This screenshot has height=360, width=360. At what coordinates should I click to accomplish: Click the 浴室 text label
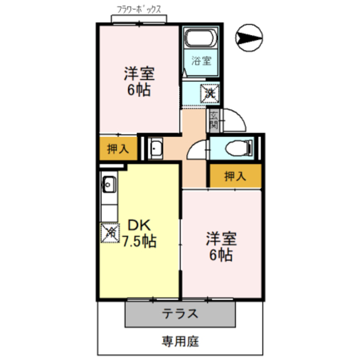click(x=201, y=61)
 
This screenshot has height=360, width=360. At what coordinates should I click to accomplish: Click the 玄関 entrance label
click(x=214, y=118)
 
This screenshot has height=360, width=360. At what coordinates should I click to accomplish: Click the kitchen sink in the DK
click(x=109, y=183)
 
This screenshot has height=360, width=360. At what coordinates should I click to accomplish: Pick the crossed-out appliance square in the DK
click(x=110, y=232)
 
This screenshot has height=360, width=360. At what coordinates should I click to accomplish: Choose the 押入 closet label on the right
click(x=235, y=176)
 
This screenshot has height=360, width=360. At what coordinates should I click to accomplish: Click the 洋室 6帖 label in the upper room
click(x=138, y=82)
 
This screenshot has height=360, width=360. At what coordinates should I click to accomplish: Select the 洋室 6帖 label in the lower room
click(x=221, y=246)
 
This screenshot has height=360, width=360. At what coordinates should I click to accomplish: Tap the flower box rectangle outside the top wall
click(x=139, y=20)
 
